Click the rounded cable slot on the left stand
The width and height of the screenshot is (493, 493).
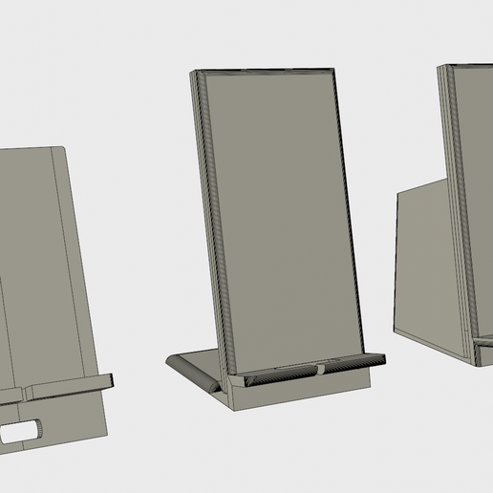pos(22,433)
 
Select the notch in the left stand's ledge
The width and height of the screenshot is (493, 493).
pos(26,392)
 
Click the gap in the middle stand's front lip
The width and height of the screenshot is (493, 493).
pos(319,369)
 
